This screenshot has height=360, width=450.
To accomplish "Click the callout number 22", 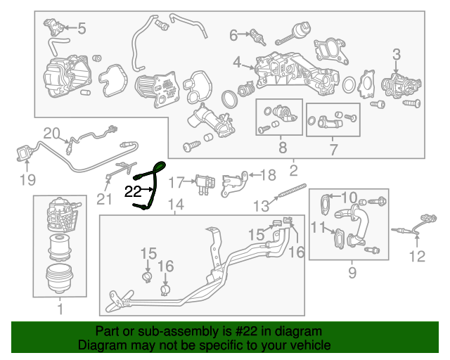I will coord(134,191).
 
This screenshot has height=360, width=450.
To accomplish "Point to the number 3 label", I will coord(397,54).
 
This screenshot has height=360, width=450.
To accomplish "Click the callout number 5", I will coord(82,29).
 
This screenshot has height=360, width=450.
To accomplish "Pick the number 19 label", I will coord(26,181).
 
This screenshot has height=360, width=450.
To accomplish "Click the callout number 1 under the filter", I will coord(60,309).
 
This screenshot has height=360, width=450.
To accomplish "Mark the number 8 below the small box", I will coord(283,148).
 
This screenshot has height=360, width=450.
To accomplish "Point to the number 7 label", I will coord(334,149).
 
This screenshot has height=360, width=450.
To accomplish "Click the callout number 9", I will coord(352,270).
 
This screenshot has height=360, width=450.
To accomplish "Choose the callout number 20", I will coord(52,133).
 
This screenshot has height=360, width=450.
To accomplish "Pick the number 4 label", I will coord(238,61).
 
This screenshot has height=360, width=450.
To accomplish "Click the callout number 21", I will coord(104,199).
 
